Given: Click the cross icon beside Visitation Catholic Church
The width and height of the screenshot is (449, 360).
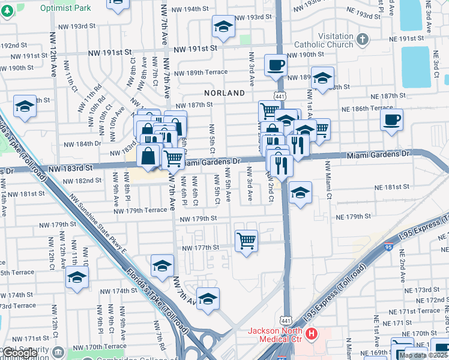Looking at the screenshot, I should [x=362, y=40].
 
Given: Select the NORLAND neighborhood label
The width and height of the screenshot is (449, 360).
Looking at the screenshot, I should [x=224, y=93].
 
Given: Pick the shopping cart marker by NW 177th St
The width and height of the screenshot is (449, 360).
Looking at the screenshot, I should [x=246, y=241].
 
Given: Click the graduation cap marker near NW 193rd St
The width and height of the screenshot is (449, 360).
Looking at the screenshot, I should [x=223, y=26].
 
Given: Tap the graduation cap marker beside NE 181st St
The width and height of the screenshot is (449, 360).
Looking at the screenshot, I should [x=300, y=193].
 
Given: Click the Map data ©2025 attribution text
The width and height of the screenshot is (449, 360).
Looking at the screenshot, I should [x=424, y=355].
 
